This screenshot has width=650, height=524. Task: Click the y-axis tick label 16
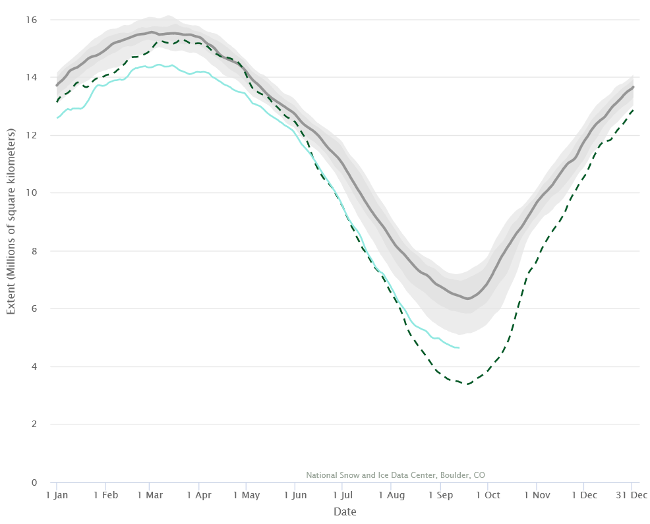[31, 20]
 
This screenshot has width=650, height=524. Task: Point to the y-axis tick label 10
[31, 193]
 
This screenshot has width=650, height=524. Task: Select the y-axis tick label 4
[34, 366]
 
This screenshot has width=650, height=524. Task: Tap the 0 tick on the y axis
[34, 482]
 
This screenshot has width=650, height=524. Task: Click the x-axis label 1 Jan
[57, 495]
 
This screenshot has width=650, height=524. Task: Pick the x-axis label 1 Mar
[150, 495]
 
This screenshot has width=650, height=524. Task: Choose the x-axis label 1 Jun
[295, 495]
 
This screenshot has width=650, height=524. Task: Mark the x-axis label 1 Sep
[440, 495]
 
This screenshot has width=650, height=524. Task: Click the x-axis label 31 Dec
[632, 495]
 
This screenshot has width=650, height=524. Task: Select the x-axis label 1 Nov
[537, 495]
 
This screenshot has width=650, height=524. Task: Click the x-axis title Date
[345, 511]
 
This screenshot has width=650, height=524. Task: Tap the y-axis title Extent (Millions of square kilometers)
[11, 221]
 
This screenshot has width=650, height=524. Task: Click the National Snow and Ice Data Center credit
[396, 475]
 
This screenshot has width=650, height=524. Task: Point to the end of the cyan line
[459, 347]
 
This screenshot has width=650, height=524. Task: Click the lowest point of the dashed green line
[467, 384]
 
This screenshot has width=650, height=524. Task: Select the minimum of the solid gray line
[467, 299]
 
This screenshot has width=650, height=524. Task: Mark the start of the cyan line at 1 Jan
[57, 118]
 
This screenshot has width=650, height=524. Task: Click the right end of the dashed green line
[634, 110]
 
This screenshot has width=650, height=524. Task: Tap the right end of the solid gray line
[634, 86]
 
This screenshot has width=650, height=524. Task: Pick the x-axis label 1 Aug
[392, 495]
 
